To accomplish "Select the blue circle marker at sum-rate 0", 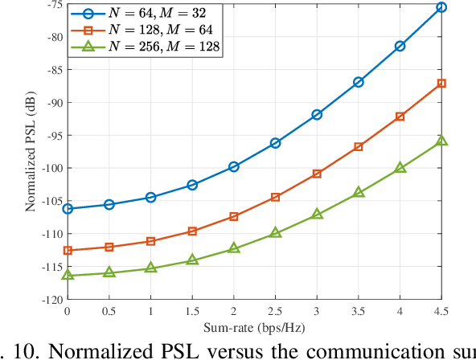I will click(x=68, y=209).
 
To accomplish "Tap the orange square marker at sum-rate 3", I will click(x=317, y=174).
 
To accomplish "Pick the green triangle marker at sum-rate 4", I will click(x=400, y=168).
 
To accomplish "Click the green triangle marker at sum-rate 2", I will click(x=234, y=248).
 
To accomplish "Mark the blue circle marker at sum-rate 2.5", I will click(x=275, y=143).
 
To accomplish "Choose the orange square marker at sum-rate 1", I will click(x=150, y=241).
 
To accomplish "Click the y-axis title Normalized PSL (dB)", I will click(x=31, y=151).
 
